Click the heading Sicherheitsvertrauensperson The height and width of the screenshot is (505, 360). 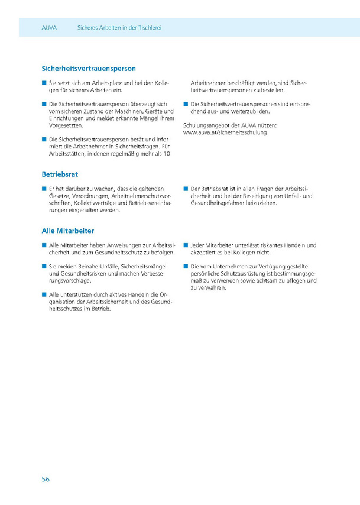[x=89, y=69]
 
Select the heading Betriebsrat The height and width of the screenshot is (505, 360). [x=60, y=175]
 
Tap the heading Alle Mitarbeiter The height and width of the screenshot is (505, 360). [x=68, y=231]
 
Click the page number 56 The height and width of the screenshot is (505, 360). [x=46, y=479]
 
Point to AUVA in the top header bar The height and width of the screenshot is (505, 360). [x=49, y=28]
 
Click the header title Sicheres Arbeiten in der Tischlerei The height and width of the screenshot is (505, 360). [x=119, y=28]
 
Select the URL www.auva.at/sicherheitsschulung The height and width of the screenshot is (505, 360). [x=225, y=133]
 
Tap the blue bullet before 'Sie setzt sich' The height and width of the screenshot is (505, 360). [x=44, y=83]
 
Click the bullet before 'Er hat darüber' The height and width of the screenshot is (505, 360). [x=44, y=189]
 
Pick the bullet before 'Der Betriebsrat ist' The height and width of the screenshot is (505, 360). [x=186, y=189]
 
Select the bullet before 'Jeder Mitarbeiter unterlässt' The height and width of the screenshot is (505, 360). [x=186, y=245]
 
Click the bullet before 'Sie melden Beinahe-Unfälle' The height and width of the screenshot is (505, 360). [x=44, y=267]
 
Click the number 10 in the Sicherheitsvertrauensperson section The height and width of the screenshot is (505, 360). [x=167, y=154]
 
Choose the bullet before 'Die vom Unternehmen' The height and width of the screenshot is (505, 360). [x=186, y=267]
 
